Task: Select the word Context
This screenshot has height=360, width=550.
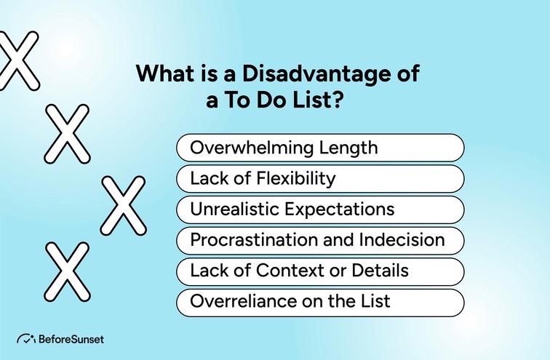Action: (x=283, y=271)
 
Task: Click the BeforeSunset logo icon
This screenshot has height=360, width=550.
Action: (x=26, y=339)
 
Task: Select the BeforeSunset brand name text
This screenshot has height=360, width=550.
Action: (x=71, y=340)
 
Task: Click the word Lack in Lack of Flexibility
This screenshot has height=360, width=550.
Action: (x=207, y=178)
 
